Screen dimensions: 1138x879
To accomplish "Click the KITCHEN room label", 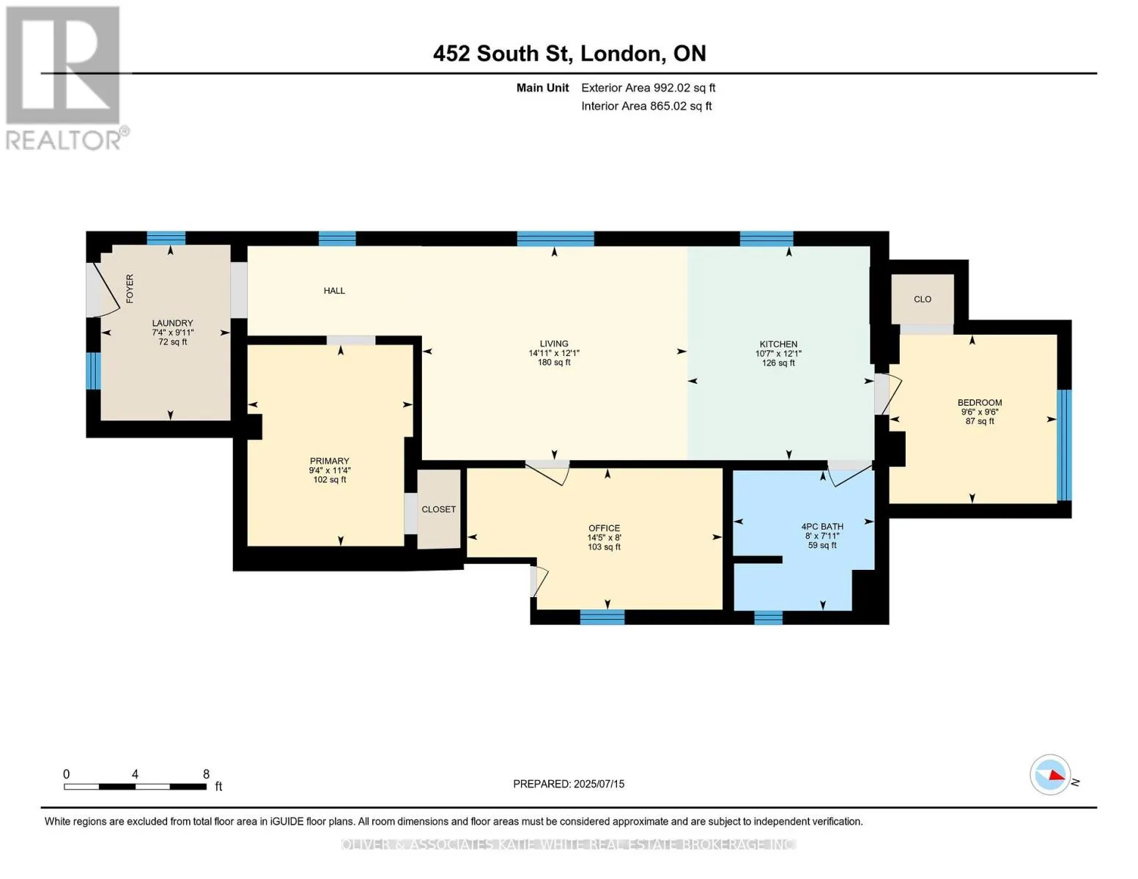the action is point(778,344).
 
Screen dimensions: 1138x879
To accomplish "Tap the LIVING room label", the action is point(553,344).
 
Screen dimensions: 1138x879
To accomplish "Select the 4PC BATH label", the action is point(821,527).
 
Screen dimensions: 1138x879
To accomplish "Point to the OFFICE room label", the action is point(604,528).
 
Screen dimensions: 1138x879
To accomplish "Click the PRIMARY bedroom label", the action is point(329,461).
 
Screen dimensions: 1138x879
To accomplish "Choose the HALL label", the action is point(334,291).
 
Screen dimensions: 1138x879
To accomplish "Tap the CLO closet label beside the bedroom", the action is point(923,300).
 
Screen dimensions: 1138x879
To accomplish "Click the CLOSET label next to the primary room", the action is point(438,509).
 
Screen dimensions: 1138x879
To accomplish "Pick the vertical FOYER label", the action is point(130,289).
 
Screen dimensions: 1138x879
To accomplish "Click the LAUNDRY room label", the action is point(172,324).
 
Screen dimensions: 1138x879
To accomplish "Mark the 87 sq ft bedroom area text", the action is point(979,421).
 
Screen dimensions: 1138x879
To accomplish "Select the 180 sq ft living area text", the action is point(553,363).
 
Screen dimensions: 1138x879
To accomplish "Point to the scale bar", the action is point(135,786).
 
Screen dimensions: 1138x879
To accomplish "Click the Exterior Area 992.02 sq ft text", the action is point(648,88).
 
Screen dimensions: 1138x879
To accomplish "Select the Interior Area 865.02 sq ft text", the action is point(646,106).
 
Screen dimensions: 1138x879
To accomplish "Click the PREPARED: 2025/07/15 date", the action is point(568,785).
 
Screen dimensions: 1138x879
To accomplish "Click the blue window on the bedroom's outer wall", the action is point(1064,445).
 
